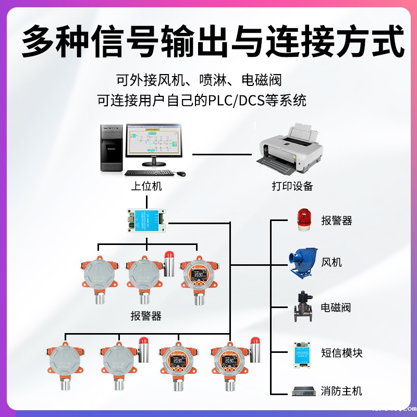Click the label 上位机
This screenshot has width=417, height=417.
point(146,186)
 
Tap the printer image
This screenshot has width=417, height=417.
point(290,151)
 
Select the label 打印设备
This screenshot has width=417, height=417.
point(292,186)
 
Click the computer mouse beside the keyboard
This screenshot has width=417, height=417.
point(180,173)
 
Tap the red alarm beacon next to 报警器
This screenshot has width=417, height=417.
point(303,219)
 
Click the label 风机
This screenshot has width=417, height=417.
point(332,262)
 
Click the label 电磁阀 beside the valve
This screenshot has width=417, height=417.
point(336,307)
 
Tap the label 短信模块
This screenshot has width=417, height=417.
point(341,353)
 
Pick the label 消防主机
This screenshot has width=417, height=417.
point(341,391)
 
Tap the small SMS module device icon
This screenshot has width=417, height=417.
point(302,351)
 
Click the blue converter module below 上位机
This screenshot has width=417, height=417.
point(146,219)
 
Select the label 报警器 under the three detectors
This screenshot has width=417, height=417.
point(146,316)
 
